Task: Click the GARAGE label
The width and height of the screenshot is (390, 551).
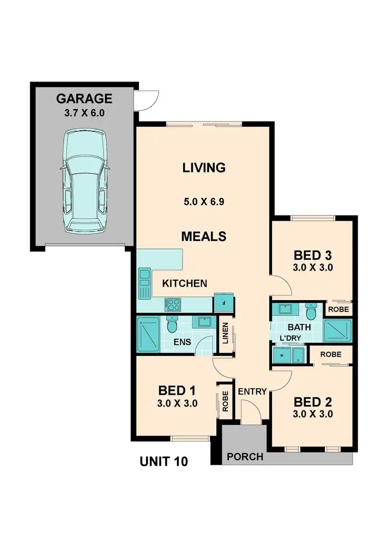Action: (84, 99)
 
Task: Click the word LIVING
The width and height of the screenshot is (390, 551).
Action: (204, 168)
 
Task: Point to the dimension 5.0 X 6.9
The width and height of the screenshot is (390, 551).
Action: (204, 202)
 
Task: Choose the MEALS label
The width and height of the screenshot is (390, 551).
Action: (204, 236)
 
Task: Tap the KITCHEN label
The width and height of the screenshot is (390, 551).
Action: (185, 284)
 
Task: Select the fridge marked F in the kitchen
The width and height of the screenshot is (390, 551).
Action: (223, 303)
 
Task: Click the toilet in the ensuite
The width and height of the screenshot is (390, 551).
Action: (173, 325)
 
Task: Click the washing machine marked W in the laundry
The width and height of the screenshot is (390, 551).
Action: (281, 356)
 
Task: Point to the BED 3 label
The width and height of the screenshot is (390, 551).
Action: (313, 256)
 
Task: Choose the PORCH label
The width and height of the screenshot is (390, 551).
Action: (245, 457)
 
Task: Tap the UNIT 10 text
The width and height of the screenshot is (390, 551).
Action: (164, 461)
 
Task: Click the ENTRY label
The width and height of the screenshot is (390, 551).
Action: (252, 392)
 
